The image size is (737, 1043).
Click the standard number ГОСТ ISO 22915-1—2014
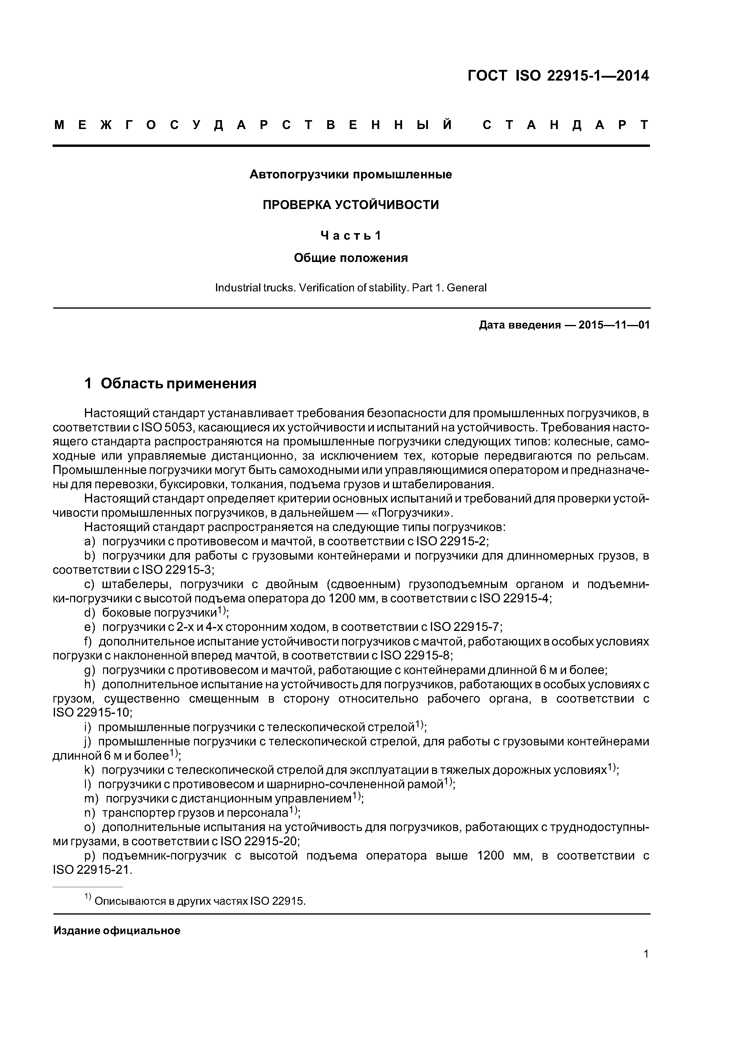point(558,76)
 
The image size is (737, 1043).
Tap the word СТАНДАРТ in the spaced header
point(565,125)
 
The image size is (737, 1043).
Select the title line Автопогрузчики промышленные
point(351,175)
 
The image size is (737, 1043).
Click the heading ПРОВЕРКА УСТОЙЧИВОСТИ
point(351,205)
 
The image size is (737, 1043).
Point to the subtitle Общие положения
point(351,258)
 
